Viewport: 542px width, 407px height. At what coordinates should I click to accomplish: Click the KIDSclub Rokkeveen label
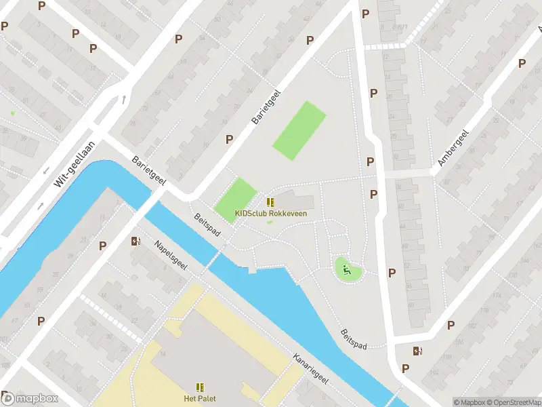tap(270, 213)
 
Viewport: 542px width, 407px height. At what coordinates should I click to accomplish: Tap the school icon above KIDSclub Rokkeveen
tap(270, 202)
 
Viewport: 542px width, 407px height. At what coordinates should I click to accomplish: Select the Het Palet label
tap(200, 398)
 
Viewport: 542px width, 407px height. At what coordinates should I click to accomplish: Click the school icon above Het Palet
tap(200, 387)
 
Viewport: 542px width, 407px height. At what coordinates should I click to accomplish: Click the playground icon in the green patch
tap(348, 271)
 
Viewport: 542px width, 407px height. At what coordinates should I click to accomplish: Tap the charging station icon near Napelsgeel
tap(135, 241)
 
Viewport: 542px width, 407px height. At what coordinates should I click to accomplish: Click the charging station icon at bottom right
tap(418, 351)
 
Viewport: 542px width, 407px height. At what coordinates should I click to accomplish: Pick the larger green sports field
tap(299, 130)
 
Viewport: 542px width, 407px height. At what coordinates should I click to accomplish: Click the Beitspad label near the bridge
tap(207, 225)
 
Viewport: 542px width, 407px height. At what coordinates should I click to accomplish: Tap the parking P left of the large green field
tap(229, 139)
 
